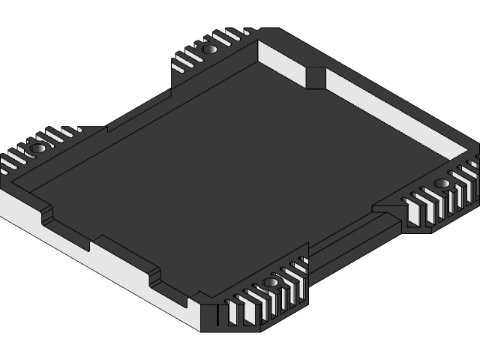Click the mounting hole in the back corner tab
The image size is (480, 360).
point(210,49)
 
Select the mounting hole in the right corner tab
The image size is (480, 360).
point(442,184)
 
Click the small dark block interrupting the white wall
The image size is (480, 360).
point(316,77)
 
